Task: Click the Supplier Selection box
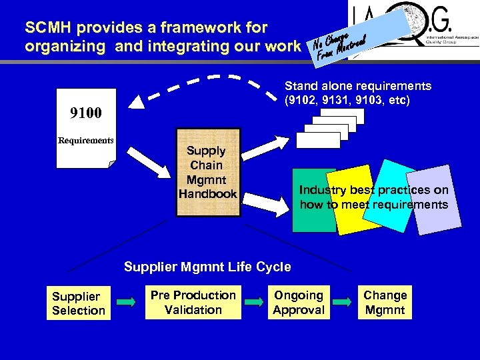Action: tap(79, 303)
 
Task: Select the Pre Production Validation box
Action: tap(193, 302)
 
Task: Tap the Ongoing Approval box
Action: tap(298, 302)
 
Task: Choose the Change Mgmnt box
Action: tap(385, 302)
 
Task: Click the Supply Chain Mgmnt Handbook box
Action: tap(207, 173)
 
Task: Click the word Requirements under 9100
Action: tap(86, 141)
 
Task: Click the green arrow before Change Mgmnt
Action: tap(342, 302)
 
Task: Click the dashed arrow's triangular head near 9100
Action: tap(137, 102)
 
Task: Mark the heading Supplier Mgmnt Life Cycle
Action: tap(207, 267)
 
